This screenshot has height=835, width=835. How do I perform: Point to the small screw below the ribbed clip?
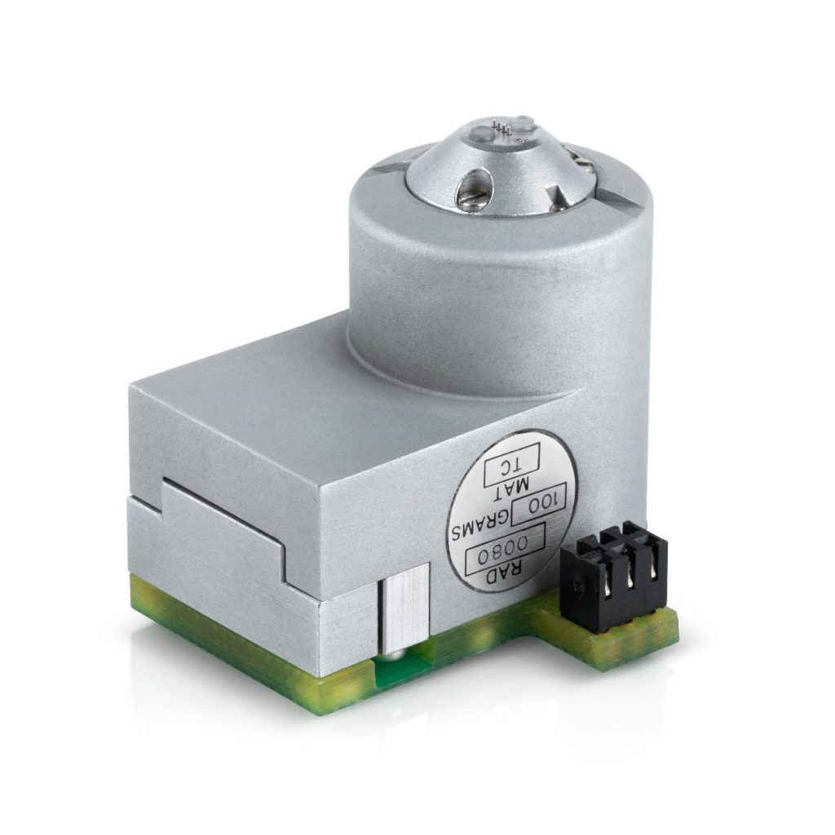pos(393,653)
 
